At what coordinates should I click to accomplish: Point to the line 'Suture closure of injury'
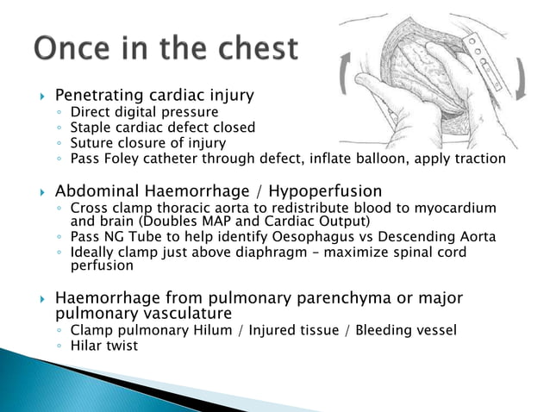148,143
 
